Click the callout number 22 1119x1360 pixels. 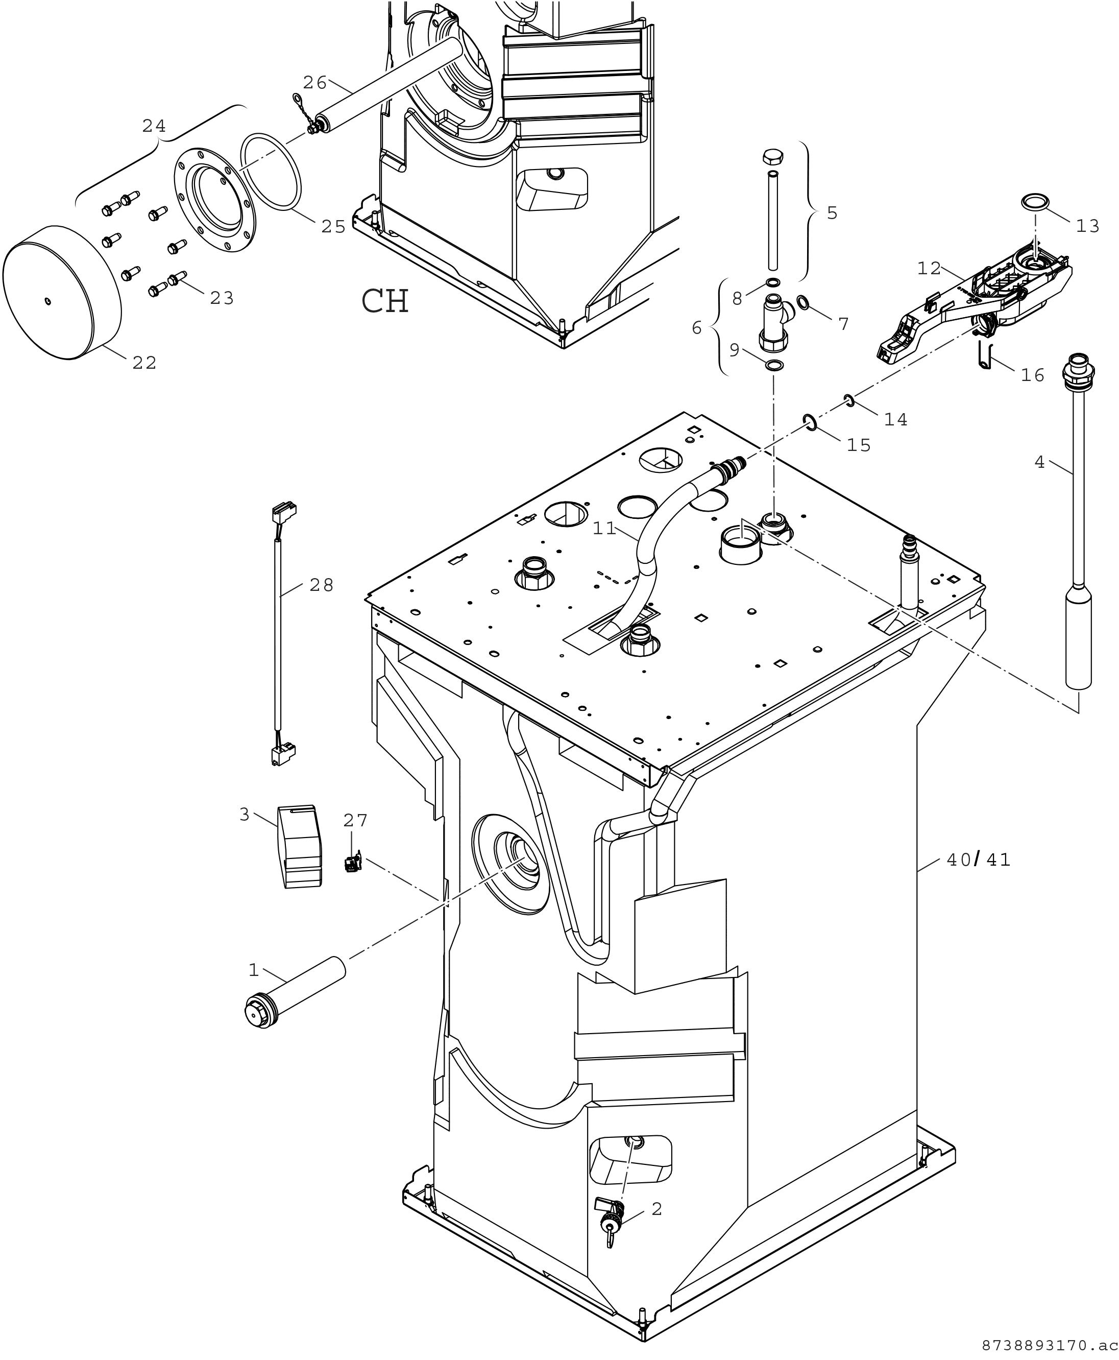pos(144,363)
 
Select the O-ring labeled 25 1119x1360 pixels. pos(271,172)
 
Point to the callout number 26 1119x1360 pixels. pos(315,83)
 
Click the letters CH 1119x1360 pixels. pos(385,301)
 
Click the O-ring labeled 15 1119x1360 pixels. pos(810,422)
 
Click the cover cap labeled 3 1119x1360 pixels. pos(300,846)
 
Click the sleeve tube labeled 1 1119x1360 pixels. pos(295,999)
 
